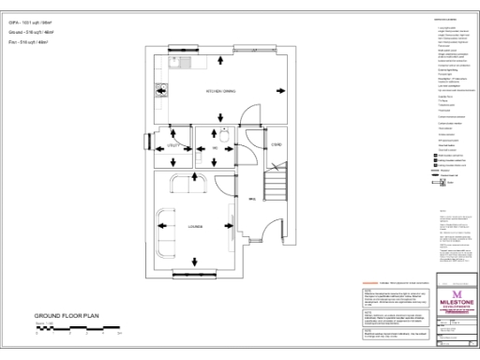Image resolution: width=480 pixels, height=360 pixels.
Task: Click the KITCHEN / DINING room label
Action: (x=220, y=91)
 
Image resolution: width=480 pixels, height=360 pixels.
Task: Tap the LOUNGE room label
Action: (x=196, y=225)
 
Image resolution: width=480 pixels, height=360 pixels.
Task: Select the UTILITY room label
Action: (x=172, y=147)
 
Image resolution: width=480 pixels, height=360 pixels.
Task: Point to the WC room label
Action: (x=215, y=147)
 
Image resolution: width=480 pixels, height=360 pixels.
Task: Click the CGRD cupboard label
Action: (x=276, y=145)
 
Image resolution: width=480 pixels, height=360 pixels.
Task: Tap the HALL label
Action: (x=252, y=198)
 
